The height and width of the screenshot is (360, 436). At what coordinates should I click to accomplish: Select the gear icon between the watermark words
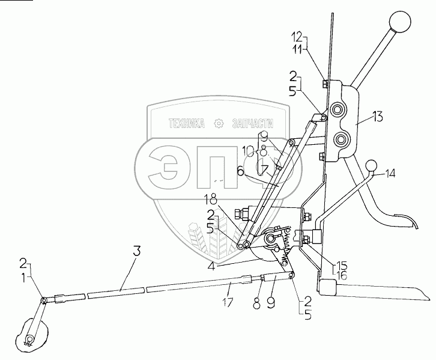click(219, 124)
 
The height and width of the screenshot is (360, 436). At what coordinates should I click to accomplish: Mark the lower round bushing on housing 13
click(342, 139)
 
